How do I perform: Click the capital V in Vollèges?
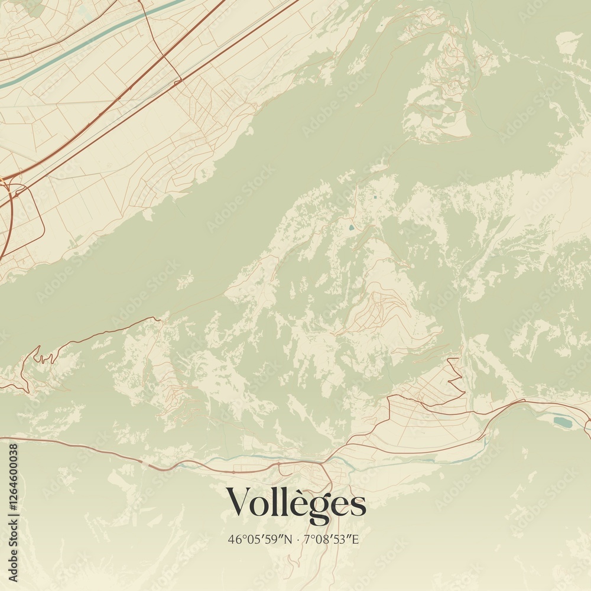coord(239,502)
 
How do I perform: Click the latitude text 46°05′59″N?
coord(261,539)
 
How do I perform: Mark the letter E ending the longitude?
coord(356,539)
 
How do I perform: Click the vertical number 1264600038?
coord(13,512)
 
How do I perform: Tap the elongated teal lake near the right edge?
coord(562,422)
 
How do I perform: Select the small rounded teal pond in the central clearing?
coord(352,226)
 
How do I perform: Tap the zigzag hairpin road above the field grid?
coord(455,375)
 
